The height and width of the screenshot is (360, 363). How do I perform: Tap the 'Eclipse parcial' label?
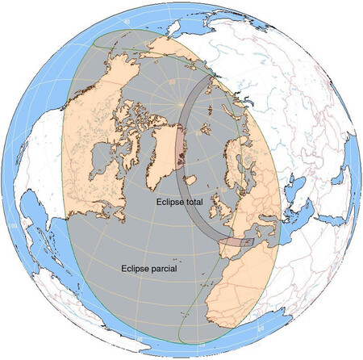[149, 268]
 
